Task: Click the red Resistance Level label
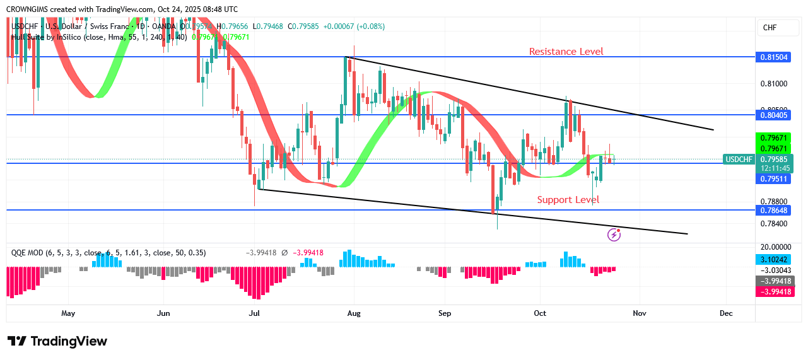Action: [x=566, y=52]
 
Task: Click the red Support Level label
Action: [x=568, y=200]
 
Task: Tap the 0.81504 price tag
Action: [x=773, y=57]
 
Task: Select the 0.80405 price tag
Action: [x=773, y=115]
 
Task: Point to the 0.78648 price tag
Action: [x=773, y=210]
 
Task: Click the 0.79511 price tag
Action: [x=773, y=179]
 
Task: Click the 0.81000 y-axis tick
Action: [x=773, y=83]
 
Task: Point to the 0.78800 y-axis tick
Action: [x=773, y=202]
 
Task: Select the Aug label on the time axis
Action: [x=353, y=313]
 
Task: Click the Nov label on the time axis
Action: [x=640, y=313]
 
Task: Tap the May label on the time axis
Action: [x=68, y=313]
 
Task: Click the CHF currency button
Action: [x=770, y=28]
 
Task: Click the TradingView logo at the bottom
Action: [x=57, y=341]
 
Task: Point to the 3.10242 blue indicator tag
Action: [x=774, y=259]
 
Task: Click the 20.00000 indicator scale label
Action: [x=773, y=247]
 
